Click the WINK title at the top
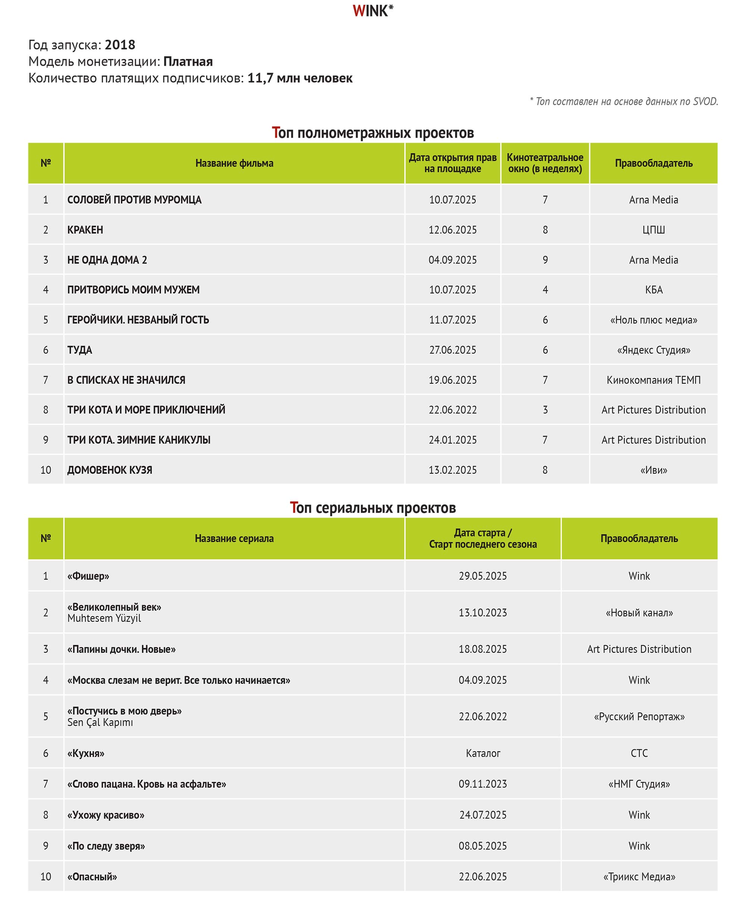pyautogui.click(x=372, y=11)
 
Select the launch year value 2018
pyautogui.click(x=120, y=44)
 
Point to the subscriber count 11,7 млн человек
pyautogui.click(x=300, y=78)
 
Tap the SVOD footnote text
pyautogui.click(x=624, y=102)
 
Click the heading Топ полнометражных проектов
pyautogui.click(x=372, y=133)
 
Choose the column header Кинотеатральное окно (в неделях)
pyautogui.click(x=545, y=163)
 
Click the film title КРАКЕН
pyautogui.click(x=85, y=230)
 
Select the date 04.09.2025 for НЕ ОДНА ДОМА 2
pyautogui.click(x=452, y=260)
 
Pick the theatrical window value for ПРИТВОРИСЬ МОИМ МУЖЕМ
pyautogui.click(x=545, y=290)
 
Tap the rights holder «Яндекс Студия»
pyautogui.click(x=653, y=350)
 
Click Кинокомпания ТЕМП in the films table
pyautogui.click(x=653, y=380)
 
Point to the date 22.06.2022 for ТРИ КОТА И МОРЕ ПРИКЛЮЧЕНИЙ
pyautogui.click(x=452, y=410)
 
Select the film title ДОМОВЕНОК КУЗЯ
pyautogui.click(x=110, y=470)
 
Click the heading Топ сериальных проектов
pyautogui.click(x=372, y=508)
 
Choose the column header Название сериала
pyautogui.click(x=234, y=539)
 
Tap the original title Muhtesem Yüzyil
pyautogui.click(x=104, y=618)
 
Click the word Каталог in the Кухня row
pyautogui.click(x=483, y=753)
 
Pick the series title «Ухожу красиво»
pyautogui.click(x=106, y=815)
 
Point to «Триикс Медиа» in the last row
pyautogui.click(x=639, y=877)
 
